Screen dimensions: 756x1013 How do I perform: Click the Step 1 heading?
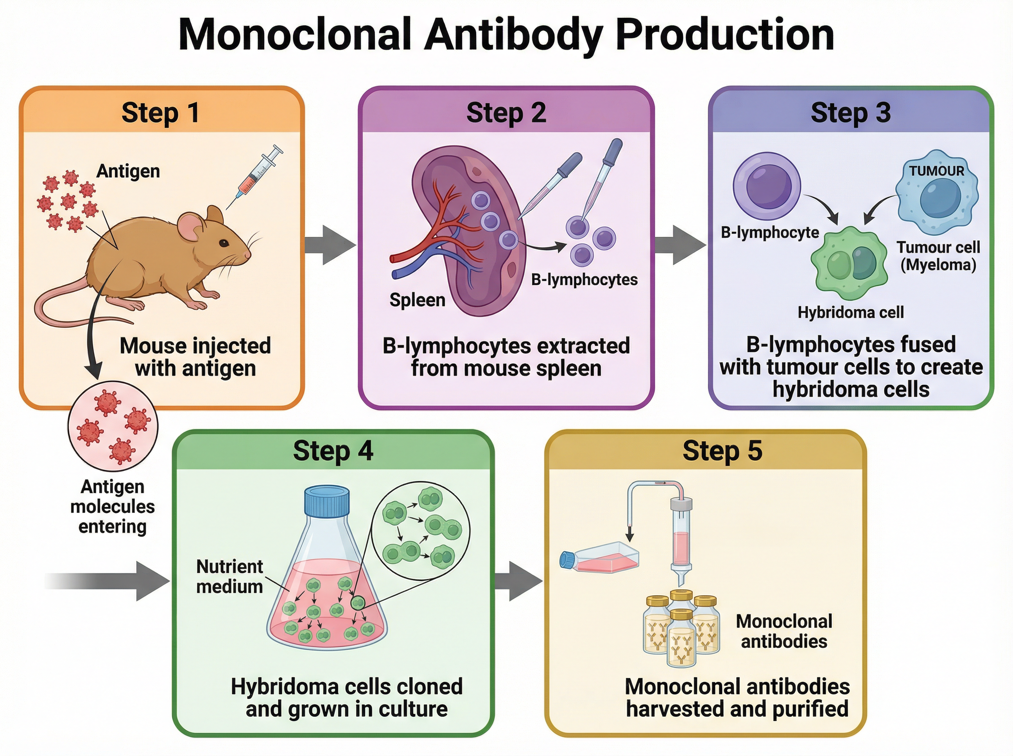(161, 113)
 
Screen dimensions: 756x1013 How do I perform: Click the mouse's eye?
(224, 243)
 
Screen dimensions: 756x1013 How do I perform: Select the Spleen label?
(417, 300)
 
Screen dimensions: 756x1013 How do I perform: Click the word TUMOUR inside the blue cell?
(936, 171)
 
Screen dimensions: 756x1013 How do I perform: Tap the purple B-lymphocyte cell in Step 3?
(767, 186)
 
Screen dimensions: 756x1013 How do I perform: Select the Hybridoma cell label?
(850, 313)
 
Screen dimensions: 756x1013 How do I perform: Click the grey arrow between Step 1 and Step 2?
(330, 245)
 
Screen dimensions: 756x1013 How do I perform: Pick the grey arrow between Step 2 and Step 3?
(680, 245)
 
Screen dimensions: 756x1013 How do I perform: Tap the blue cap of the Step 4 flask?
(327, 500)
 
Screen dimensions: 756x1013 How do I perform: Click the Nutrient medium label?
(229, 576)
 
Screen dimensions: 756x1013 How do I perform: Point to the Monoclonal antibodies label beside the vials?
(784, 631)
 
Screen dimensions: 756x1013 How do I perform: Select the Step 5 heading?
(722, 451)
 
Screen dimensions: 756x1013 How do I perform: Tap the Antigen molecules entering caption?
(113, 506)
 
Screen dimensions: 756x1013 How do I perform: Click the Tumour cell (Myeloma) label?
(938, 256)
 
